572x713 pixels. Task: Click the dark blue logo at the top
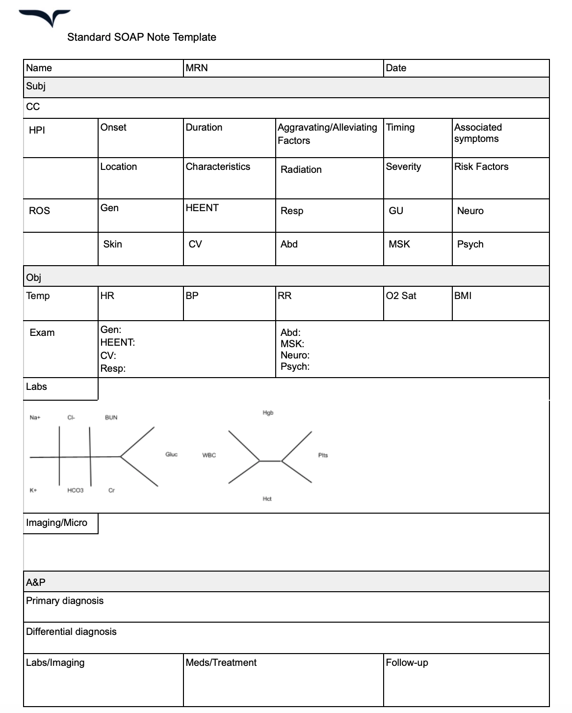(45, 17)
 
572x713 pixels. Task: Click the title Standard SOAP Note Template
(141, 37)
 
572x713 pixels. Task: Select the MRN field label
(197, 68)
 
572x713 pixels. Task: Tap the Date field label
(396, 68)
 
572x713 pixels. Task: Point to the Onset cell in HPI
(113, 128)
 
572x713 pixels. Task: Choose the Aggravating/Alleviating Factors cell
(327, 134)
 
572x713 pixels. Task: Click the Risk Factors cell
(481, 167)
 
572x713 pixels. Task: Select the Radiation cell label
(301, 170)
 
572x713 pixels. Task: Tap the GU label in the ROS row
(396, 211)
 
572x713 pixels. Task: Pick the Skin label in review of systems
(112, 245)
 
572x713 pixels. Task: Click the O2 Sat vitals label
(401, 296)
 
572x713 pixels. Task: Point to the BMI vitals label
(463, 296)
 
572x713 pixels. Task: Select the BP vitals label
(192, 296)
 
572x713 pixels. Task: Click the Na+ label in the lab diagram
(35, 418)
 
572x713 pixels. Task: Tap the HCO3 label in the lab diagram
(75, 491)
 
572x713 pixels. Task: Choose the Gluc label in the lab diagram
(171, 455)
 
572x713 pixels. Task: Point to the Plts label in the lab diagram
(323, 456)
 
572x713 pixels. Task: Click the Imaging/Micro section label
(56, 523)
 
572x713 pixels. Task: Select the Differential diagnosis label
(71, 632)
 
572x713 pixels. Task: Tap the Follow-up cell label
(407, 663)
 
